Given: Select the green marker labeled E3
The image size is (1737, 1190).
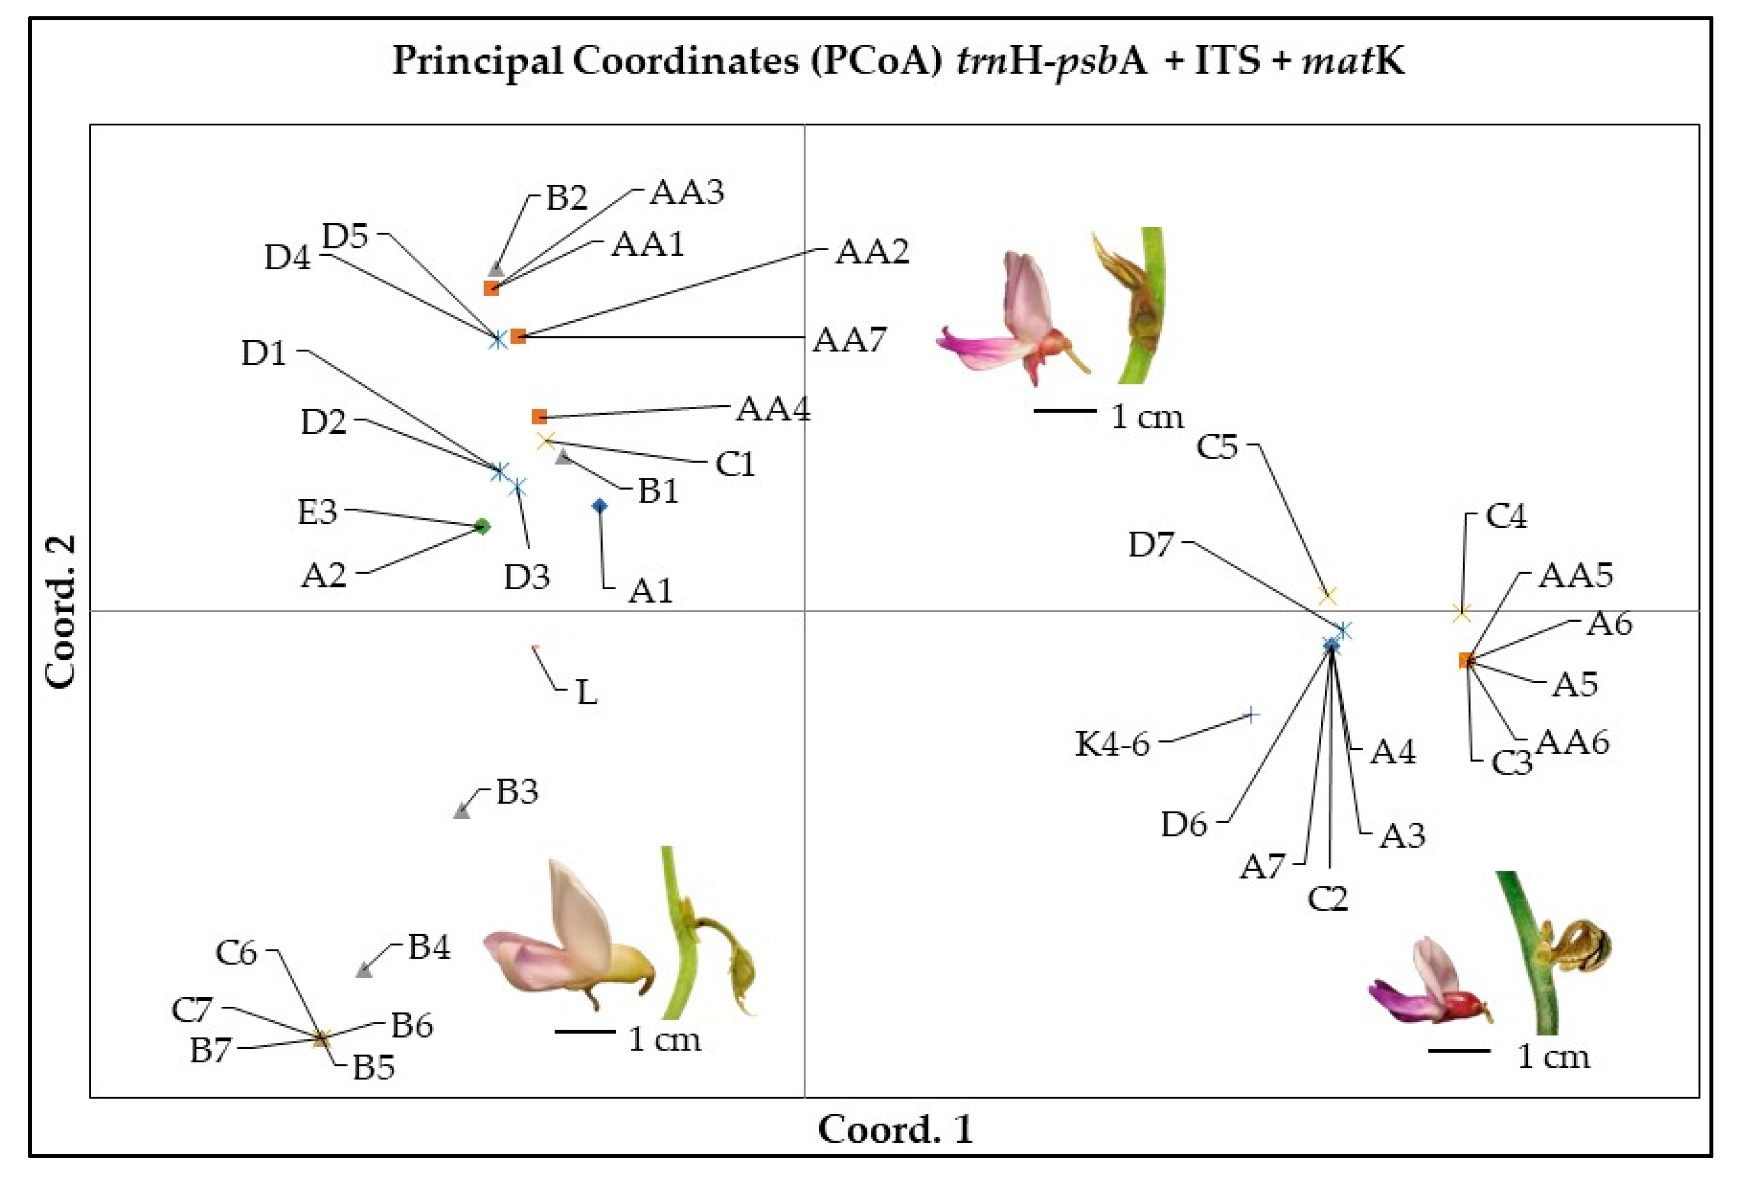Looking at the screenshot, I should (482, 527).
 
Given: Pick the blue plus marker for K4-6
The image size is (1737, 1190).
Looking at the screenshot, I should (1250, 716).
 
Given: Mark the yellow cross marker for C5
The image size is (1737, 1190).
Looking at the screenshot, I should (1327, 596).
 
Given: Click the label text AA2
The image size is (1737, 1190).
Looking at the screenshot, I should (871, 252).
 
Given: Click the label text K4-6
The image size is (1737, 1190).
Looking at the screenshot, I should (1112, 744).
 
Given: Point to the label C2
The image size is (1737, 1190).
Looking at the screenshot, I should (1327, 898).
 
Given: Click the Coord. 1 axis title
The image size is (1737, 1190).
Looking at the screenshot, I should (895, 1129).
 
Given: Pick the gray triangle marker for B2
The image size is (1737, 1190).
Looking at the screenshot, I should (496, 270).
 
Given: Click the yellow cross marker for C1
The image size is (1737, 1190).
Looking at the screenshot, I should (546, 441).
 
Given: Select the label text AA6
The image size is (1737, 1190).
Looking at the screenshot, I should (1572, 742).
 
